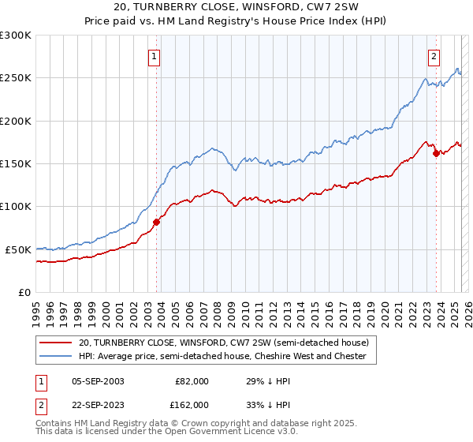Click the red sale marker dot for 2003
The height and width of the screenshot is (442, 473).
click(x=156, y=222)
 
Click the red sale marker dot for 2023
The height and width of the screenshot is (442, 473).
click(x=436, y=153)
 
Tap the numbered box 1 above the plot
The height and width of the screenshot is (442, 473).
click(x=154, y=56)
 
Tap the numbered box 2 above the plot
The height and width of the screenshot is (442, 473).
click(x=434, y=56)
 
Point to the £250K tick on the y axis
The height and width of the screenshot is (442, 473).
click(x=16, y=78)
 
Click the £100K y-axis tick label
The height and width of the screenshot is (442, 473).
click(x=16, y=206)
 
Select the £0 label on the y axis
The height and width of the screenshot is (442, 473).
click(x=24, y=292)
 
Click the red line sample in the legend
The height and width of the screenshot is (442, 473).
click(x=56, y=343)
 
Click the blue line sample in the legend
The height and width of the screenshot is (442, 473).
click(x=56, y=357)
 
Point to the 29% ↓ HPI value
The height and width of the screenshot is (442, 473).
click(x=258, y=381)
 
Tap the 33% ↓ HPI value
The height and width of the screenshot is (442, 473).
click(x=258, y=405)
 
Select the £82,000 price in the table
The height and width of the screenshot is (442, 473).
click(x=190, y=381)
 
